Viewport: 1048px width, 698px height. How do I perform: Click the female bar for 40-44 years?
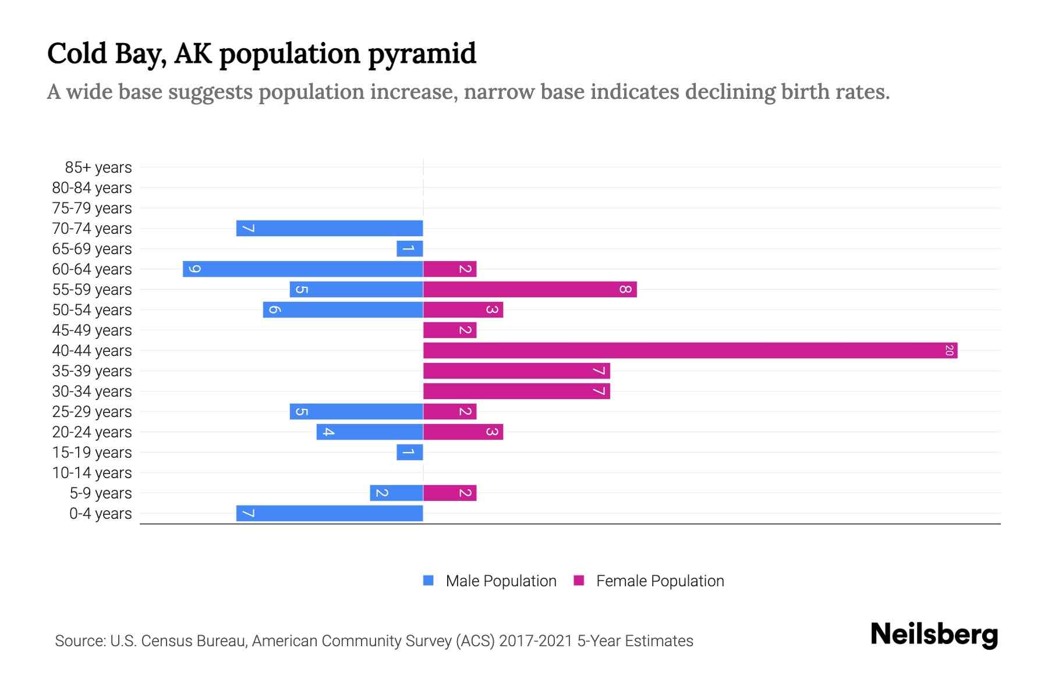coord(690,350)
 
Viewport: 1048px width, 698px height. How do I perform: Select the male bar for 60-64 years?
coord(303,269)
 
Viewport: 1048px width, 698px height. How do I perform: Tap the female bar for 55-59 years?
coord(530,289)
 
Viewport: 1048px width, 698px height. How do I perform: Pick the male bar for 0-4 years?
coord(330,513)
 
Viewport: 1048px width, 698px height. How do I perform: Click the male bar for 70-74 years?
coord(330,228)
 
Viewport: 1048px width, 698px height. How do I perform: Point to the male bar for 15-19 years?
coord(409,452)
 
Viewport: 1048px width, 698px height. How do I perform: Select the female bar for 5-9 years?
coord(449,493)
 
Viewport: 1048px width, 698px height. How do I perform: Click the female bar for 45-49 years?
coord(449,330)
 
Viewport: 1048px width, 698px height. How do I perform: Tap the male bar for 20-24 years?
coord(370,432)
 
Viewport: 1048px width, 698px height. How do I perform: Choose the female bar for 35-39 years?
coord(516,371)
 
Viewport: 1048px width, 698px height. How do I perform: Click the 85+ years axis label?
coord(98,168)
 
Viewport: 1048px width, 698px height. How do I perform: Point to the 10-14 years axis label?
coord(92,473)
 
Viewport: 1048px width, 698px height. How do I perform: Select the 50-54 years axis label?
coord(92,310)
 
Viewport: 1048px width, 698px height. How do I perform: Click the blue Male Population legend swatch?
coord(429,581)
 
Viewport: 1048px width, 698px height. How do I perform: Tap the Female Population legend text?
coord(660,581)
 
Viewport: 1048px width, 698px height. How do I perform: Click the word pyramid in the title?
coord(422,54)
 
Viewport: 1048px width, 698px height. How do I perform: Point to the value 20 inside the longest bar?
coord(949,350)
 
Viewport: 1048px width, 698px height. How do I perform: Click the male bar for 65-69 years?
coord(409,248)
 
